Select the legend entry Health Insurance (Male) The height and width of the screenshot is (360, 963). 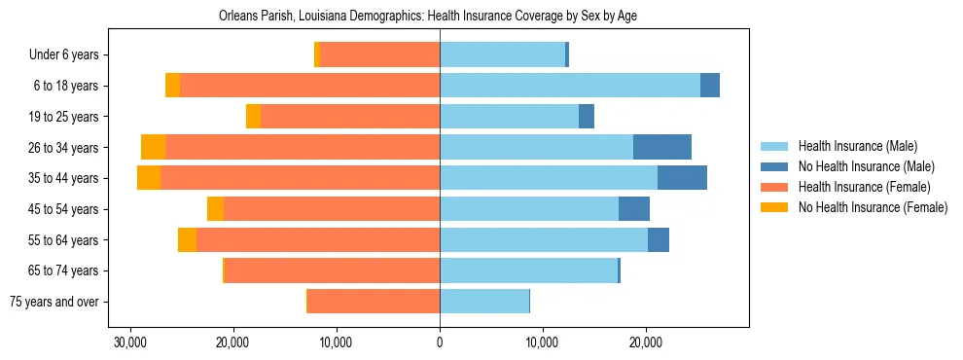[857, 146]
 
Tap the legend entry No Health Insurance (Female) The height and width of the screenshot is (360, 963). [872, 207]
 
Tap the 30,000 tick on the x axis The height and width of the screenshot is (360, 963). [129, 342]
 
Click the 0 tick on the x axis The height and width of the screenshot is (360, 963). [440, 342]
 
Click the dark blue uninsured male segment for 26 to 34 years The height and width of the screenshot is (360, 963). [662, 147]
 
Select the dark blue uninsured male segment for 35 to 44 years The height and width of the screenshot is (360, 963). [682, 178]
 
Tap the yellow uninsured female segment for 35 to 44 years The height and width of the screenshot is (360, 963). [149, 178]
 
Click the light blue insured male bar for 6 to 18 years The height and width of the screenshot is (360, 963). [570, 86]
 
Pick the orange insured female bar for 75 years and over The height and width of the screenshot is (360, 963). [374, 302]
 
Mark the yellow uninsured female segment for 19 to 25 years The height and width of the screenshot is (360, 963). [253, 117]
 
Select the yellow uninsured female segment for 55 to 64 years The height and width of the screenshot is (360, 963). [187, 239]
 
